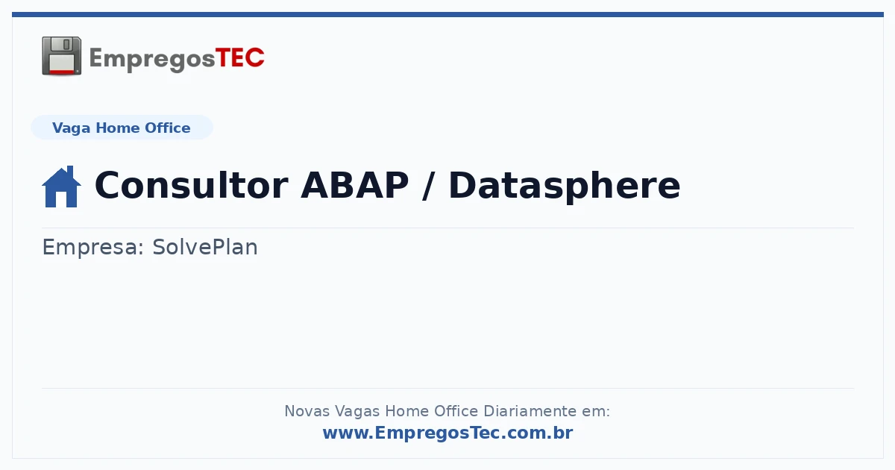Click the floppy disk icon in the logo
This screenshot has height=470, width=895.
(x=61, y=56)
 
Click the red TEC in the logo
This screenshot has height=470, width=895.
(x=239, y=58)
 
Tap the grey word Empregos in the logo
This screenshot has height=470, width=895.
(x=152, y=60)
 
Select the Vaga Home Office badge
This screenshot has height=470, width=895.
(x=122, y=128)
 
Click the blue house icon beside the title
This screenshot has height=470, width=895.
(x=61, y=187)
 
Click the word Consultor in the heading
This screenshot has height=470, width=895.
(x=192, y=186)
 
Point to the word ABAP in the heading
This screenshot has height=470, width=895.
(x=355, y=186)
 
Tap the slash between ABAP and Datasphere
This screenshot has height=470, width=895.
(x=429, y=186)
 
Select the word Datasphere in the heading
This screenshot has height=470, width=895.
(x=564, y=187)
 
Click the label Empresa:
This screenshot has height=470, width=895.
(x=93, y=247)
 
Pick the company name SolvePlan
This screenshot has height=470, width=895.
(x=205, y=247)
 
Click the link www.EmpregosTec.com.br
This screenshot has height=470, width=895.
(x=448, y=433)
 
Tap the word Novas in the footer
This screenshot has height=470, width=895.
(x=307, y=411)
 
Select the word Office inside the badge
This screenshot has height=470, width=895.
(x=167, y=128)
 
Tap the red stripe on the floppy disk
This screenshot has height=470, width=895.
(x=62, y=72)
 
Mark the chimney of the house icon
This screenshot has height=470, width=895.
(x=71, y=172)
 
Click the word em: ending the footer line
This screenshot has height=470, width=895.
(x=596, y=411)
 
